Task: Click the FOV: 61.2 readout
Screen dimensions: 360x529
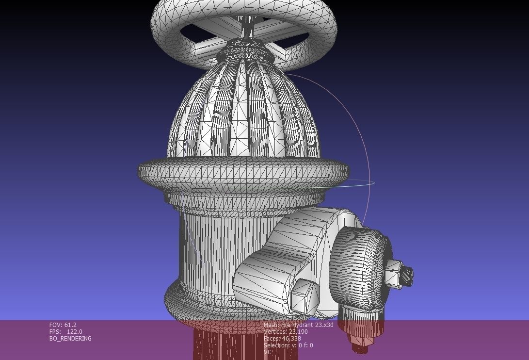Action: click(x=63, y=325)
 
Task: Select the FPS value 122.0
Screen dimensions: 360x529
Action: click(x=74, y=332)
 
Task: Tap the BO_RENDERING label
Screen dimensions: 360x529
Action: click(x=70, y=339)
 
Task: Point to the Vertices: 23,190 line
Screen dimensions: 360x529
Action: click(x=286, y=332)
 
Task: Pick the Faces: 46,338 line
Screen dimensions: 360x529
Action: click(x=282, y=339)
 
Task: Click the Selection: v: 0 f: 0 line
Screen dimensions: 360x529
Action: click(x=288, y=345)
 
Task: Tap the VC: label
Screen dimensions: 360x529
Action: click(x=268, y=352)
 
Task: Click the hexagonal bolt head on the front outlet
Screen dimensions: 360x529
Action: click(x=304, y=295)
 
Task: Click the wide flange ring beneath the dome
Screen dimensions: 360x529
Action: click(x=242, y=171)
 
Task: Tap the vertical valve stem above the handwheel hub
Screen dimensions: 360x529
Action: click(x=247, y=27)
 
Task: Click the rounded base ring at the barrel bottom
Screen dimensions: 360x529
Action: click(x=194, y=301)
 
